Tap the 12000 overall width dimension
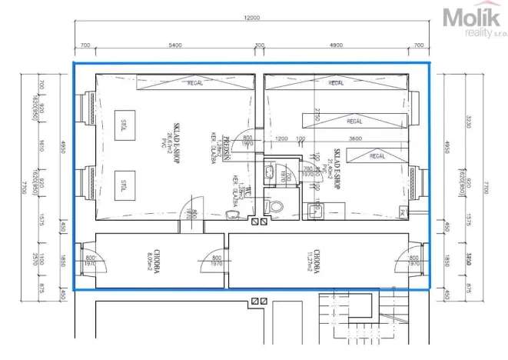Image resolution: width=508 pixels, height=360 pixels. coord(252,18)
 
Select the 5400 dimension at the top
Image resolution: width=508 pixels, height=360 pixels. coord(176,45)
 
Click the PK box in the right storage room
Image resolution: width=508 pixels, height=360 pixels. coord(402,212)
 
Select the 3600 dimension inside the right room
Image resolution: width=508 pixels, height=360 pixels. coord(355,139)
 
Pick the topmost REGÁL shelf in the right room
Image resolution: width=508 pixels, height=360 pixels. coord(337,83)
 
